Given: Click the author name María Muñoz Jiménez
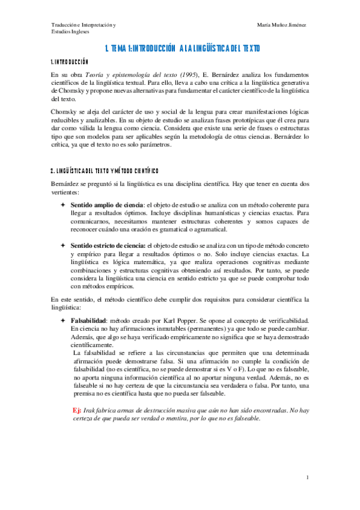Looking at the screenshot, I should tap(281, 24).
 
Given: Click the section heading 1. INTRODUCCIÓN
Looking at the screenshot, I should tap(70, 62).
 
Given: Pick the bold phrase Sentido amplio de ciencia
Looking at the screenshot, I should tap(106, 205).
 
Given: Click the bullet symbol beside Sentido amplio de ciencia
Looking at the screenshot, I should tap(63, 205).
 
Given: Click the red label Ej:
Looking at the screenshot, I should tap(76, 410).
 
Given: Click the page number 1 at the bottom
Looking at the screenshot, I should tap(307, 478).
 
